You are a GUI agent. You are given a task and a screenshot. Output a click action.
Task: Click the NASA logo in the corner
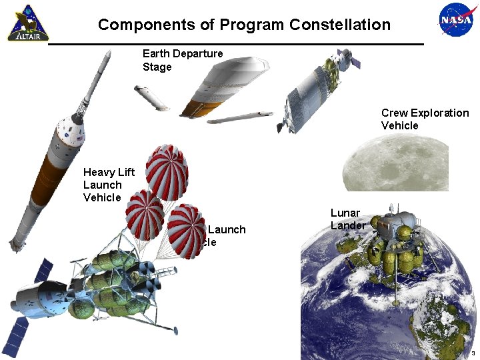(x=456, y=21)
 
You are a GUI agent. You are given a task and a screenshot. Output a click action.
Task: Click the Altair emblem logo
(x=23, y=23)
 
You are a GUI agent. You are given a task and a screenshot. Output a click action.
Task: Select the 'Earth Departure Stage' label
(x=182, y=60)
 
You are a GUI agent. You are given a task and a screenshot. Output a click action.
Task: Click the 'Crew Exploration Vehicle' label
(x=424, y=119)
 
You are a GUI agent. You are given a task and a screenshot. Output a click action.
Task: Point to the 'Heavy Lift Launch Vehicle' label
(x=108, y=185)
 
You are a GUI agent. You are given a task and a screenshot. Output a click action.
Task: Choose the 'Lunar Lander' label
(x=347, y=219)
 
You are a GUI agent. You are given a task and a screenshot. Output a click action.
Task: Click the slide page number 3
(x=472, y=353)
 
